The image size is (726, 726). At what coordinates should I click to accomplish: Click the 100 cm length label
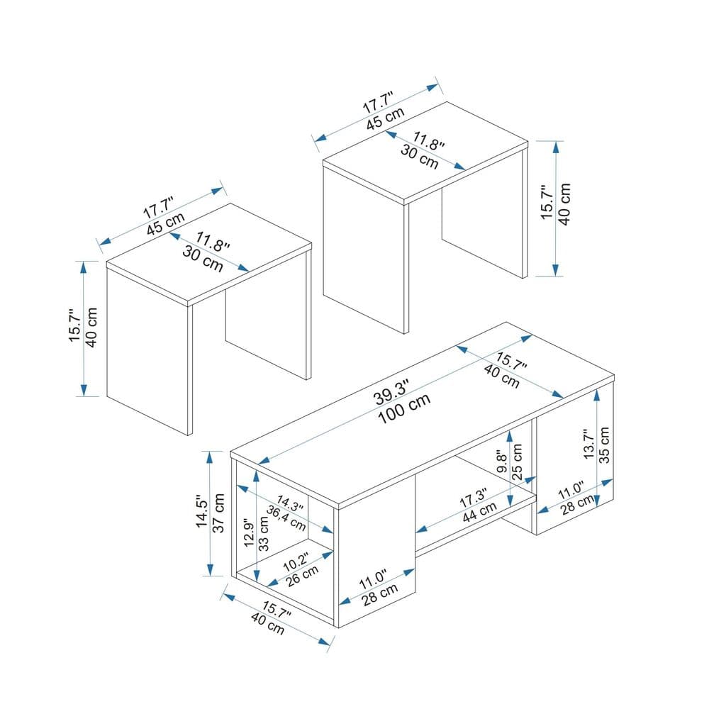click(403, 409)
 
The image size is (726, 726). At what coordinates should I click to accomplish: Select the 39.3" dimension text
click(392, 389)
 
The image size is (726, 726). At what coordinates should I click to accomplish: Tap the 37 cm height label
click(219, 514)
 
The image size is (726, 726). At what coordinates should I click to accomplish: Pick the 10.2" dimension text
click(295, 561)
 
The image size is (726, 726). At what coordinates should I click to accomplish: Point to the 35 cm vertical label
click(604, 444)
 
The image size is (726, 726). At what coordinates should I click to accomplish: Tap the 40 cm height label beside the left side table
click(91, 328)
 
